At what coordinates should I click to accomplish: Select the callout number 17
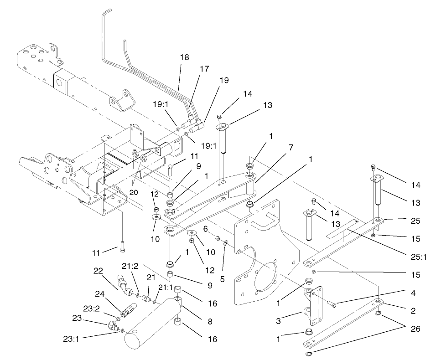tap(204, 69)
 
